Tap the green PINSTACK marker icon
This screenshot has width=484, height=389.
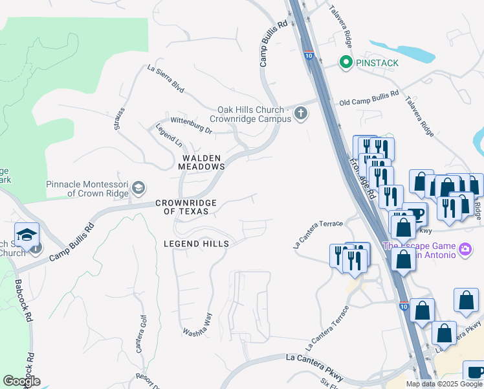click(x=346, y=63)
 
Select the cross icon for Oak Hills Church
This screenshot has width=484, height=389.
click(x=300, y=114)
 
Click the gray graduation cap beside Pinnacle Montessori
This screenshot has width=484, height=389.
click(x=138, y=188)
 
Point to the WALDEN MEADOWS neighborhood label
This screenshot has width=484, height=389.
click(x=201, y=162)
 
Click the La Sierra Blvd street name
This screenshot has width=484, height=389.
click(x=166, y=78)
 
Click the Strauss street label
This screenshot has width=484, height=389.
click(x=119, y=119)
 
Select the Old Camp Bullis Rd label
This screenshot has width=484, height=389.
click(x=369, y=99)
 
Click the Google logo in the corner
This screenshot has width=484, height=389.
click(x=21, y=381)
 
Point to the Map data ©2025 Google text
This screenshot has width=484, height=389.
click(x=444, y=384)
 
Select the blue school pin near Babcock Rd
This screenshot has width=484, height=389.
click(x=27, y=235)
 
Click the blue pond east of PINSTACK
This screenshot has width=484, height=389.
click(x=408, y=53)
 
